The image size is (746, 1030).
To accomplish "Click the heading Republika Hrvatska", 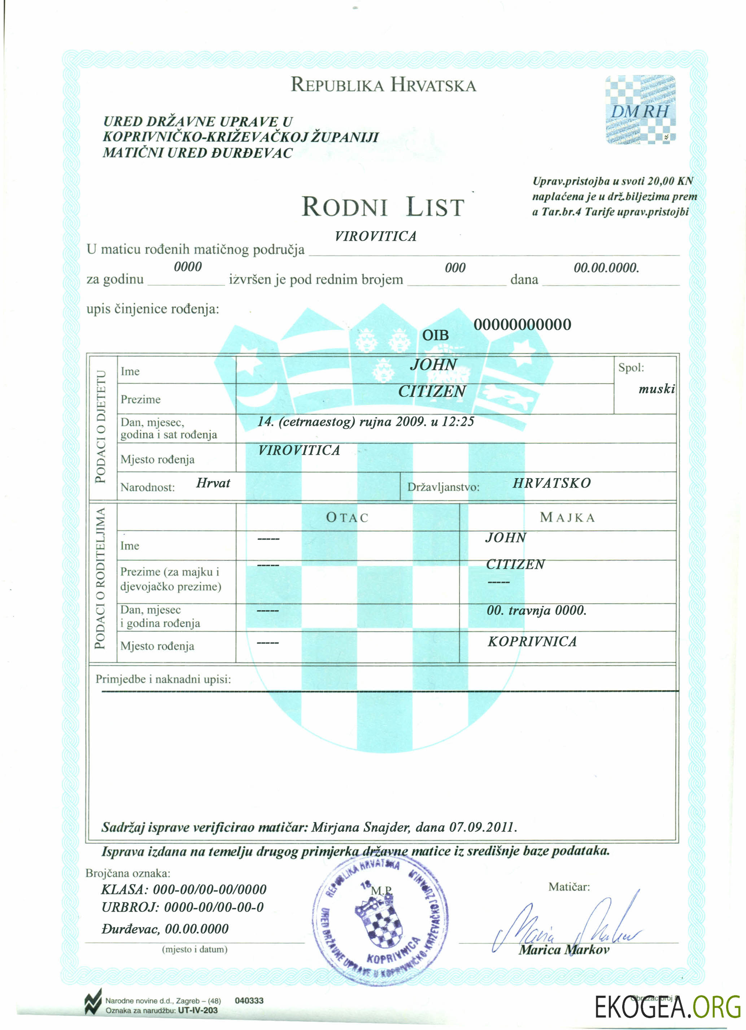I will [383, 85].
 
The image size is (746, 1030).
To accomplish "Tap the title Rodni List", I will [383, 207].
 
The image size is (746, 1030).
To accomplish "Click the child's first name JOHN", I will [433, 364].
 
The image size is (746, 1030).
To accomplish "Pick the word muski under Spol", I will [656, 389].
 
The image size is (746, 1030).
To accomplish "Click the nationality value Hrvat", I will [213, 483].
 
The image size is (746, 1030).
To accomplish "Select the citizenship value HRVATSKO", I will [552, 483].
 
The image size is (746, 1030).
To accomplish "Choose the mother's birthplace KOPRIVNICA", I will [532, 641].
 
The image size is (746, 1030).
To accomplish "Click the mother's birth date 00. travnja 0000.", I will [536, 610].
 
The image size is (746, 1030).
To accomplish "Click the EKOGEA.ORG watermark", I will [667, 1007].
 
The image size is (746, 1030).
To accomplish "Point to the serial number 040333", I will [249, 1000].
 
